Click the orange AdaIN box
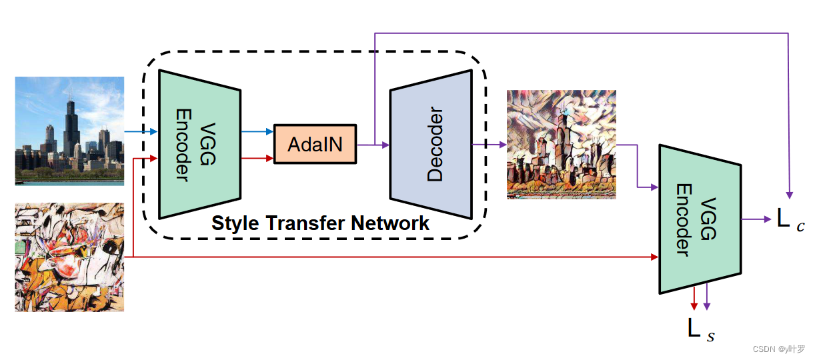(x=315, y=143)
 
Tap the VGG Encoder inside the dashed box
(x=199, y=143)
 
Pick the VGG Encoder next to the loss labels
(x=700, y=218)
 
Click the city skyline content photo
(x=69, y=130)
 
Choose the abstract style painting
(x=69, y=257)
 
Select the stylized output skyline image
(x=561, y=144)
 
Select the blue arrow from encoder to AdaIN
(x=257, y=131)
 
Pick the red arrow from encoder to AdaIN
(x=257, y=159)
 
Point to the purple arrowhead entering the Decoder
(x=385, y=144)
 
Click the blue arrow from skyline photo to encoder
(x=141, y=132)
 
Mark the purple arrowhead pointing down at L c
(x=789, y=194)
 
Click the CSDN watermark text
(x=778, y=349)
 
